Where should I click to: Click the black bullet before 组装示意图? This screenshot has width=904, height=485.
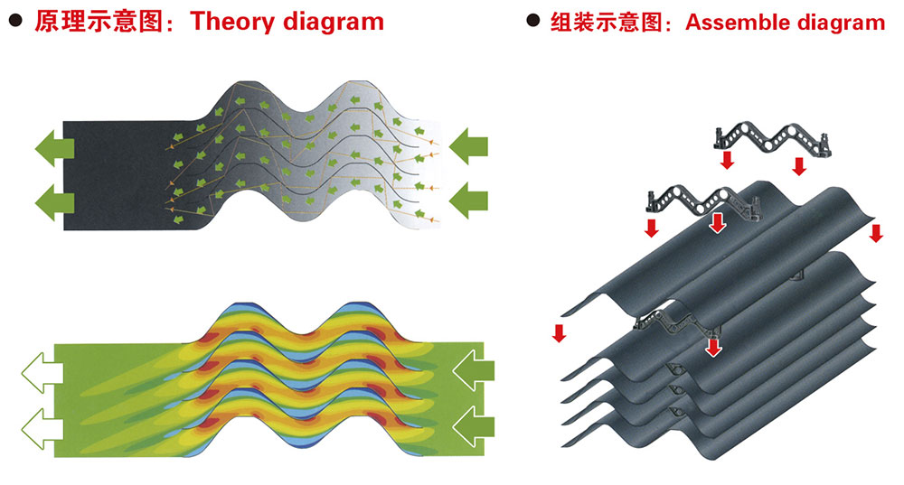(534, 22)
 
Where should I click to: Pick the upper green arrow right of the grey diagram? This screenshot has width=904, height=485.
(468, 145)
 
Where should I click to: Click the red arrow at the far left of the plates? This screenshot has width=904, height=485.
(559, 331)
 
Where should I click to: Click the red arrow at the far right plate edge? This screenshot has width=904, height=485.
(875, 232)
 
